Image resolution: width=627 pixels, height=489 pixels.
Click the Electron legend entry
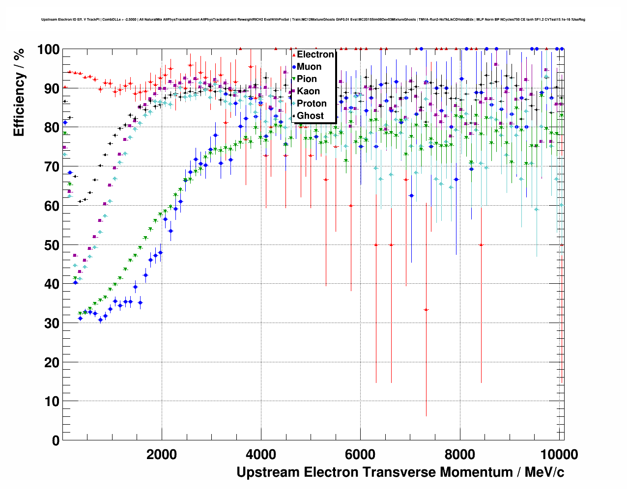(x=315, y=54)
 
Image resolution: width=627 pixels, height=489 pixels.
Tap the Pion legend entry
(x=307, y=79)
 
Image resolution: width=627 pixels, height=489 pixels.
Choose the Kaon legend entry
(x=308, y=91)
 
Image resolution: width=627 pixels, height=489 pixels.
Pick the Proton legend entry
(x=312, y=104)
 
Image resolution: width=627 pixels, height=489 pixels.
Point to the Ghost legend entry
(x=310, y=116)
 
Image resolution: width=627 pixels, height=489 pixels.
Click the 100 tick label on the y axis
(x=49, y=50)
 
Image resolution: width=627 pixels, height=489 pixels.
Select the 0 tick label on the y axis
(x=56, y=440)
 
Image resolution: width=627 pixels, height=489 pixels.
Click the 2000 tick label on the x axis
(x=162, y=455)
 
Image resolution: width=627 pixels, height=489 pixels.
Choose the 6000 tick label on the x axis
(x=360, y=455)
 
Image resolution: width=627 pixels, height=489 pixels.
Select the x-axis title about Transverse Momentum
(x=400, y=472)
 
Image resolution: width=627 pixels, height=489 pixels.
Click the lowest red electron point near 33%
(x=426, y=310)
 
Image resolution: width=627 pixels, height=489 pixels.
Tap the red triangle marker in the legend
(x=294, y=54)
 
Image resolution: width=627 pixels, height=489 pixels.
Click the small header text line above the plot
(x=313, y=20)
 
